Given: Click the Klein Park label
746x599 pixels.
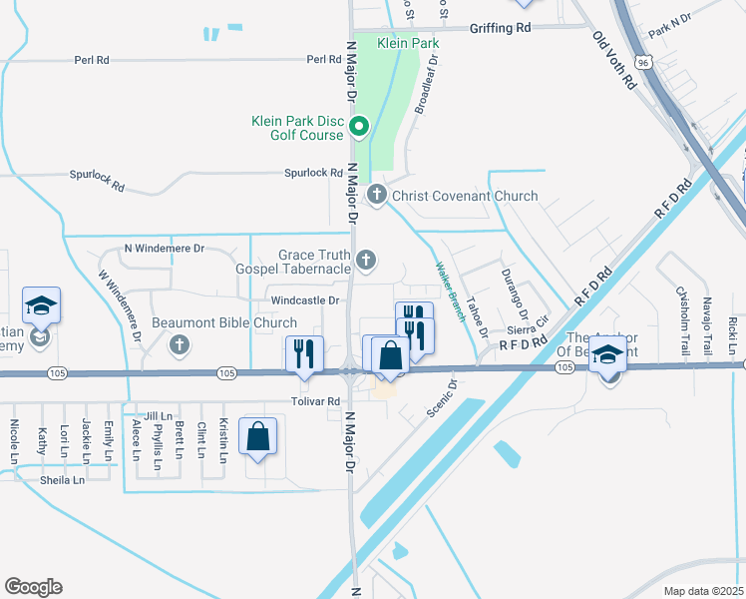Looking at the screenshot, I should coord(408,43).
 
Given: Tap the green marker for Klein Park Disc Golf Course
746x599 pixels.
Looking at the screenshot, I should coord(360,127).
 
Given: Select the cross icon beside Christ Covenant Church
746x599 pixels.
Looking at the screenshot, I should coord(376,195).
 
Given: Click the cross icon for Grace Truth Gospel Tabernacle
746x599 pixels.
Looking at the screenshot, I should coord(366,262).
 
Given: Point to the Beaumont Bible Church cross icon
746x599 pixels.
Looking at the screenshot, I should coord(180,344).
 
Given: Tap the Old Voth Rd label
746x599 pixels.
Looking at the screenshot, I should coord(613,61).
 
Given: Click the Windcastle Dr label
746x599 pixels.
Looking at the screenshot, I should coord(305,299).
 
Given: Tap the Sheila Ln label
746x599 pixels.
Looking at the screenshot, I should coord(63,480).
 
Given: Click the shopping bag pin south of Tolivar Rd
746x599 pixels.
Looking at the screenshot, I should coord(257,436).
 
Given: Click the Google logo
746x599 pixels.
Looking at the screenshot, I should coord(33,587).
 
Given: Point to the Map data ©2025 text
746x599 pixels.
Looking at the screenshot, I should coord(703,591).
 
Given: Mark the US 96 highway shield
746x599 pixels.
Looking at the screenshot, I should coord(644,62).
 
